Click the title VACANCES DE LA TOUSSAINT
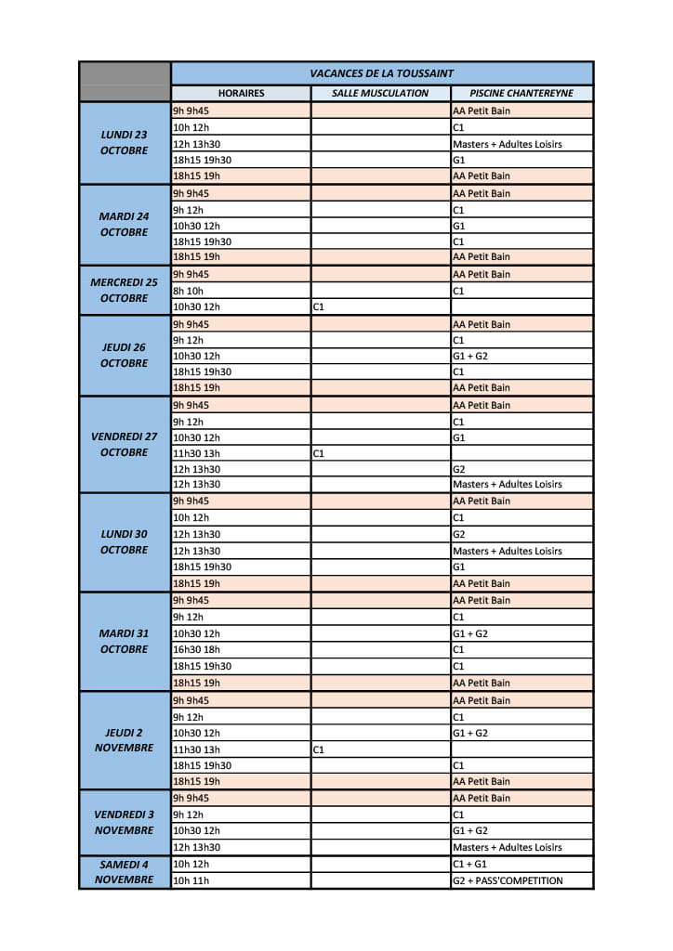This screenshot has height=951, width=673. click(381, 73)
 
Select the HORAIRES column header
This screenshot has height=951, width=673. click(241, 93)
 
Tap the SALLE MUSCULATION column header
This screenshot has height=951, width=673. click(380, 93)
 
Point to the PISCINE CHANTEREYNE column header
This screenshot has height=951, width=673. click(521, 93)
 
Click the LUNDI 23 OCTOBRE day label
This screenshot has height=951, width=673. click(125, 142)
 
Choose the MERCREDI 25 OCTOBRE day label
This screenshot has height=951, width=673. click(125, 291)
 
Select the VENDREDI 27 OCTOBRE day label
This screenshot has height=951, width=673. click(125, 444)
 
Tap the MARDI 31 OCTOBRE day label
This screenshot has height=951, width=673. click(125, 641)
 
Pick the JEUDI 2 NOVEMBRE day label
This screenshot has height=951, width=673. click(125, 740)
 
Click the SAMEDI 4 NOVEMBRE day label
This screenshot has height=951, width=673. click(125, 872)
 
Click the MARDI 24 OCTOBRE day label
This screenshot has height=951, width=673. click(125, 224)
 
